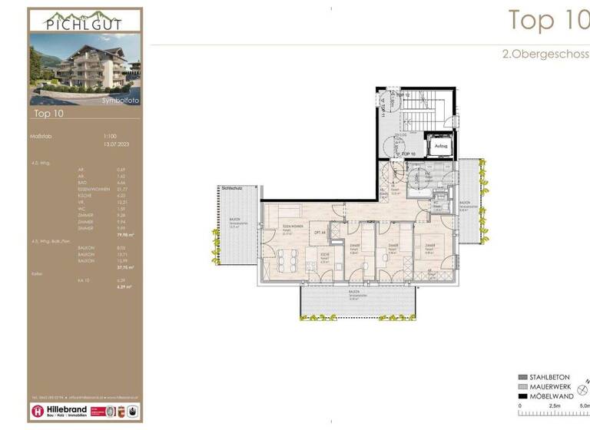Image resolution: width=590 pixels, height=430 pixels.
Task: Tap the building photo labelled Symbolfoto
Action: tap(85, 69)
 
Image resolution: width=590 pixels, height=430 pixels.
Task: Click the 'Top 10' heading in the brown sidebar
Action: tap(48, 114)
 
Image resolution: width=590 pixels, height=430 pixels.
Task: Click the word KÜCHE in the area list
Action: tap(84, 195)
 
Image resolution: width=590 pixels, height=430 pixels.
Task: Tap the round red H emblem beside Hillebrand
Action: tap(38, 411)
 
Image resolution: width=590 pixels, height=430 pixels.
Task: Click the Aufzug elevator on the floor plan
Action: tap(440, 144)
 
